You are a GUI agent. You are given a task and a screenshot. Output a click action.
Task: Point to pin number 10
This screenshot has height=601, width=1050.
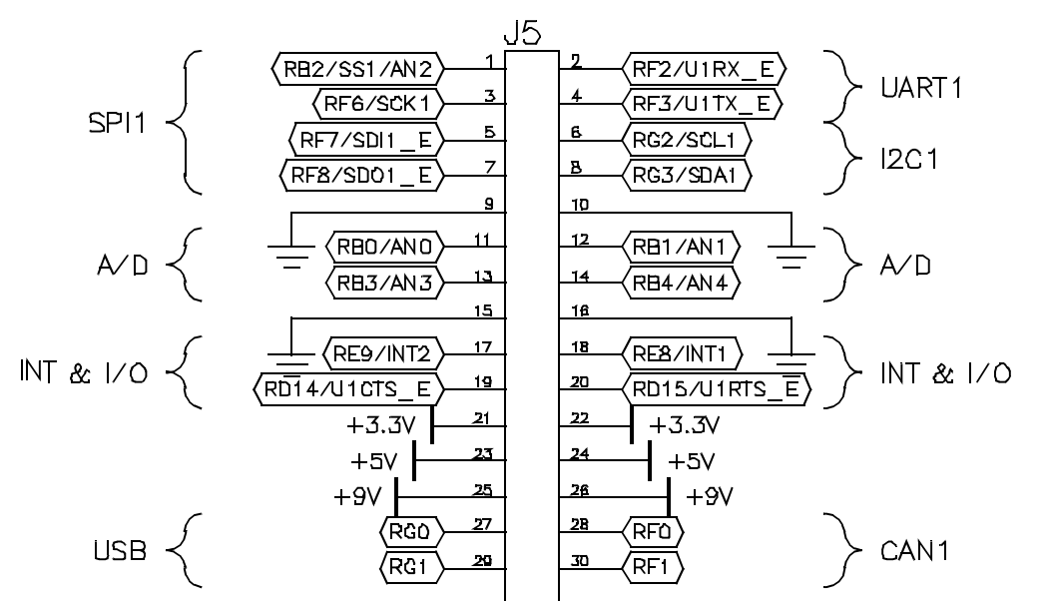(x=579, y=205)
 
